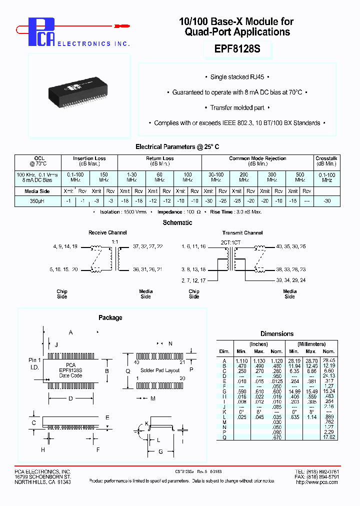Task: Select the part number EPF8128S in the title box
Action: (x=236, y=50)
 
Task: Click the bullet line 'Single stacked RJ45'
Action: (x=236, y=77)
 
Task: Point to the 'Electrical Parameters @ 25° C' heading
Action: (x=177, y=147)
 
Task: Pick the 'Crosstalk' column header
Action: (x=327, y=158)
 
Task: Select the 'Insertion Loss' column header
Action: (x=89, y=158)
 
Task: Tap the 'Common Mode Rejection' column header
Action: (x=257, y=158)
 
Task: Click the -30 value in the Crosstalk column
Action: (x=327, y=200)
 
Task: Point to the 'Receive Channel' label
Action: (x=107, y=232)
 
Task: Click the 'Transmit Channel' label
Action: (x=242, y=232)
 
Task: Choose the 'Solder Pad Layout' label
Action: (x=160, y=370)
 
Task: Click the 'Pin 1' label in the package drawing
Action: (x=34, y=360)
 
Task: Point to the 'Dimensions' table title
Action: (x=277, y=334)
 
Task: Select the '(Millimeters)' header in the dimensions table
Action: (x=311, y=344)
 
